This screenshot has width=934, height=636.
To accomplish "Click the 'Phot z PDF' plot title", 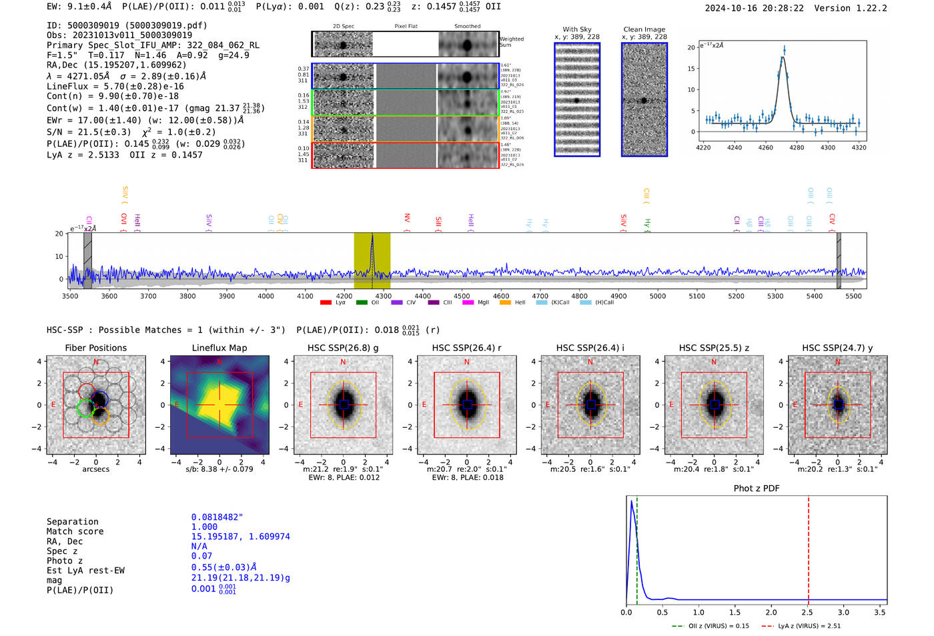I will click(x=757, y=489).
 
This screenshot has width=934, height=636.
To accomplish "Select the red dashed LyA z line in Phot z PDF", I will click(x=809, y=547).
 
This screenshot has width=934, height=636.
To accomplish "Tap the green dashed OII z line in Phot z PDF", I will click(x=637, y=547).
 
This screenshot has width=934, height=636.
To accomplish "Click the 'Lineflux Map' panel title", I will click(x=219, y=348).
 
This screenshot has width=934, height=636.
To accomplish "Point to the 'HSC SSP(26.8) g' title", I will click(x=343, y=348).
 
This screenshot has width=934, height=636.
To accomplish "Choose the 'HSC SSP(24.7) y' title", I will click(x=837, y=348).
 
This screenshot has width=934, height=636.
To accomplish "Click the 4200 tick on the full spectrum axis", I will click(x=344, y=296).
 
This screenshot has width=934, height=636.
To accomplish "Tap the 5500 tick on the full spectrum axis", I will click(x=853, y=296).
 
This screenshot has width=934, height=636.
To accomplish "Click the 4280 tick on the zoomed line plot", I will click(x=797, y=147).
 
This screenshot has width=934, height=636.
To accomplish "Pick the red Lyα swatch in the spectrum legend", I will click(x=326, y=303).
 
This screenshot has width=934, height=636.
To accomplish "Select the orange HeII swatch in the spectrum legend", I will click(x=505, y=303).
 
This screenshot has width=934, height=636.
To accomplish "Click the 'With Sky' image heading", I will click(x=577, y=29).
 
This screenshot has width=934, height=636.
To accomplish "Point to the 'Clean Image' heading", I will click(x=644, y=29).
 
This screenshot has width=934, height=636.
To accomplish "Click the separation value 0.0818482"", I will click(x=217, y=517).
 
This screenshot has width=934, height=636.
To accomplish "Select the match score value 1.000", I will click(x=204, y=527).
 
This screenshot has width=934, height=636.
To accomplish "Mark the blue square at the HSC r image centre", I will click(x=467, y=404).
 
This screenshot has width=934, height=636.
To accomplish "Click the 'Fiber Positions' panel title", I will click(x=95, y=348).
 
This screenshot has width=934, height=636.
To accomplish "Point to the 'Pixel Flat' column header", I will click(x=406, y=27).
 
